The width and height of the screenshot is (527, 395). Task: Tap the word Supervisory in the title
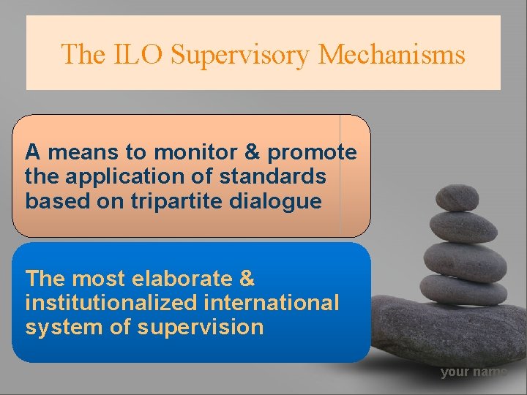pos(234,54)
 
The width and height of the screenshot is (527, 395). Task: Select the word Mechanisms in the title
pos(392,54)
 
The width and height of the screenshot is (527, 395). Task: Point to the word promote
pos(313,152)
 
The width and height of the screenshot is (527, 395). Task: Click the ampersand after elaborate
pos(247,279)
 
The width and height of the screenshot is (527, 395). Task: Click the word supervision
pos(206,326)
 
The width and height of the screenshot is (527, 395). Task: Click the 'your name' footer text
pos(473,372)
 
